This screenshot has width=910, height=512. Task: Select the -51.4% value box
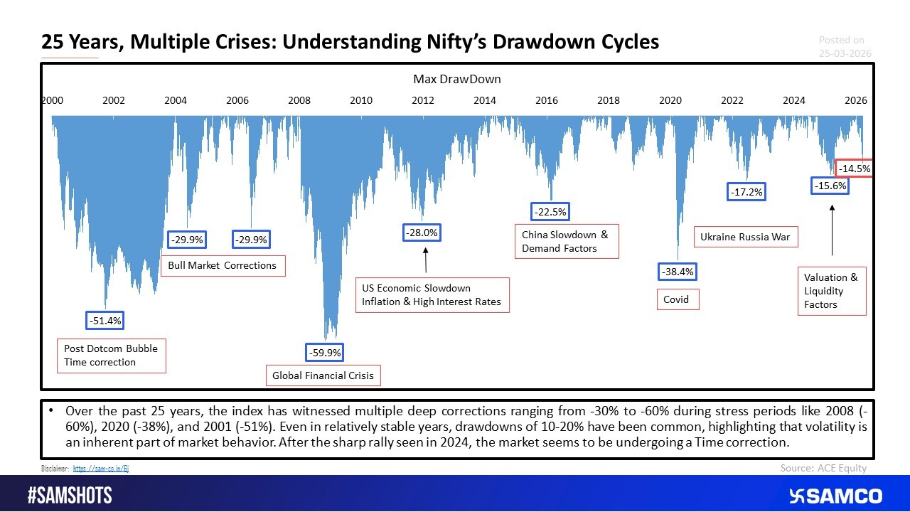coord(105,321)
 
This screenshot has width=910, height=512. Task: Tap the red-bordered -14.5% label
coord(853,169)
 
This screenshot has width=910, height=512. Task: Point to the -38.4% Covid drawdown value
coord(677,272)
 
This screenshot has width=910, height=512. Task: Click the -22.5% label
coord(550,212)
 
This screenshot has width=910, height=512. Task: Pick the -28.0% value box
coord(422,233)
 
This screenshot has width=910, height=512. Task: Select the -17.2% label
coord(746,191)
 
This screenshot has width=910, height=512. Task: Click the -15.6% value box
coord(830,186)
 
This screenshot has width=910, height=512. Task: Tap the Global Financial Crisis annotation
coord(323,375)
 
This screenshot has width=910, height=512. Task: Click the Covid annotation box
coord(677,299)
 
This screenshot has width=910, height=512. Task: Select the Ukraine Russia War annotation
coord(745,237)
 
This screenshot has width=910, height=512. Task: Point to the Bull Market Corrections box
coord(223,265)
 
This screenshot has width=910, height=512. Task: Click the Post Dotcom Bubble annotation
coord(111,356)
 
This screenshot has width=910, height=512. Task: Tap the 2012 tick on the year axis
coord(423,100)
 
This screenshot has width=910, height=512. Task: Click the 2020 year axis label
coord(670,100)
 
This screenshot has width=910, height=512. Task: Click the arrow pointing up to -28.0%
coord(426,260)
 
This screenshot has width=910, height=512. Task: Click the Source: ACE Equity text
coord(823,468)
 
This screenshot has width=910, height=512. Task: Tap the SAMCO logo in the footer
coord(835,496)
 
